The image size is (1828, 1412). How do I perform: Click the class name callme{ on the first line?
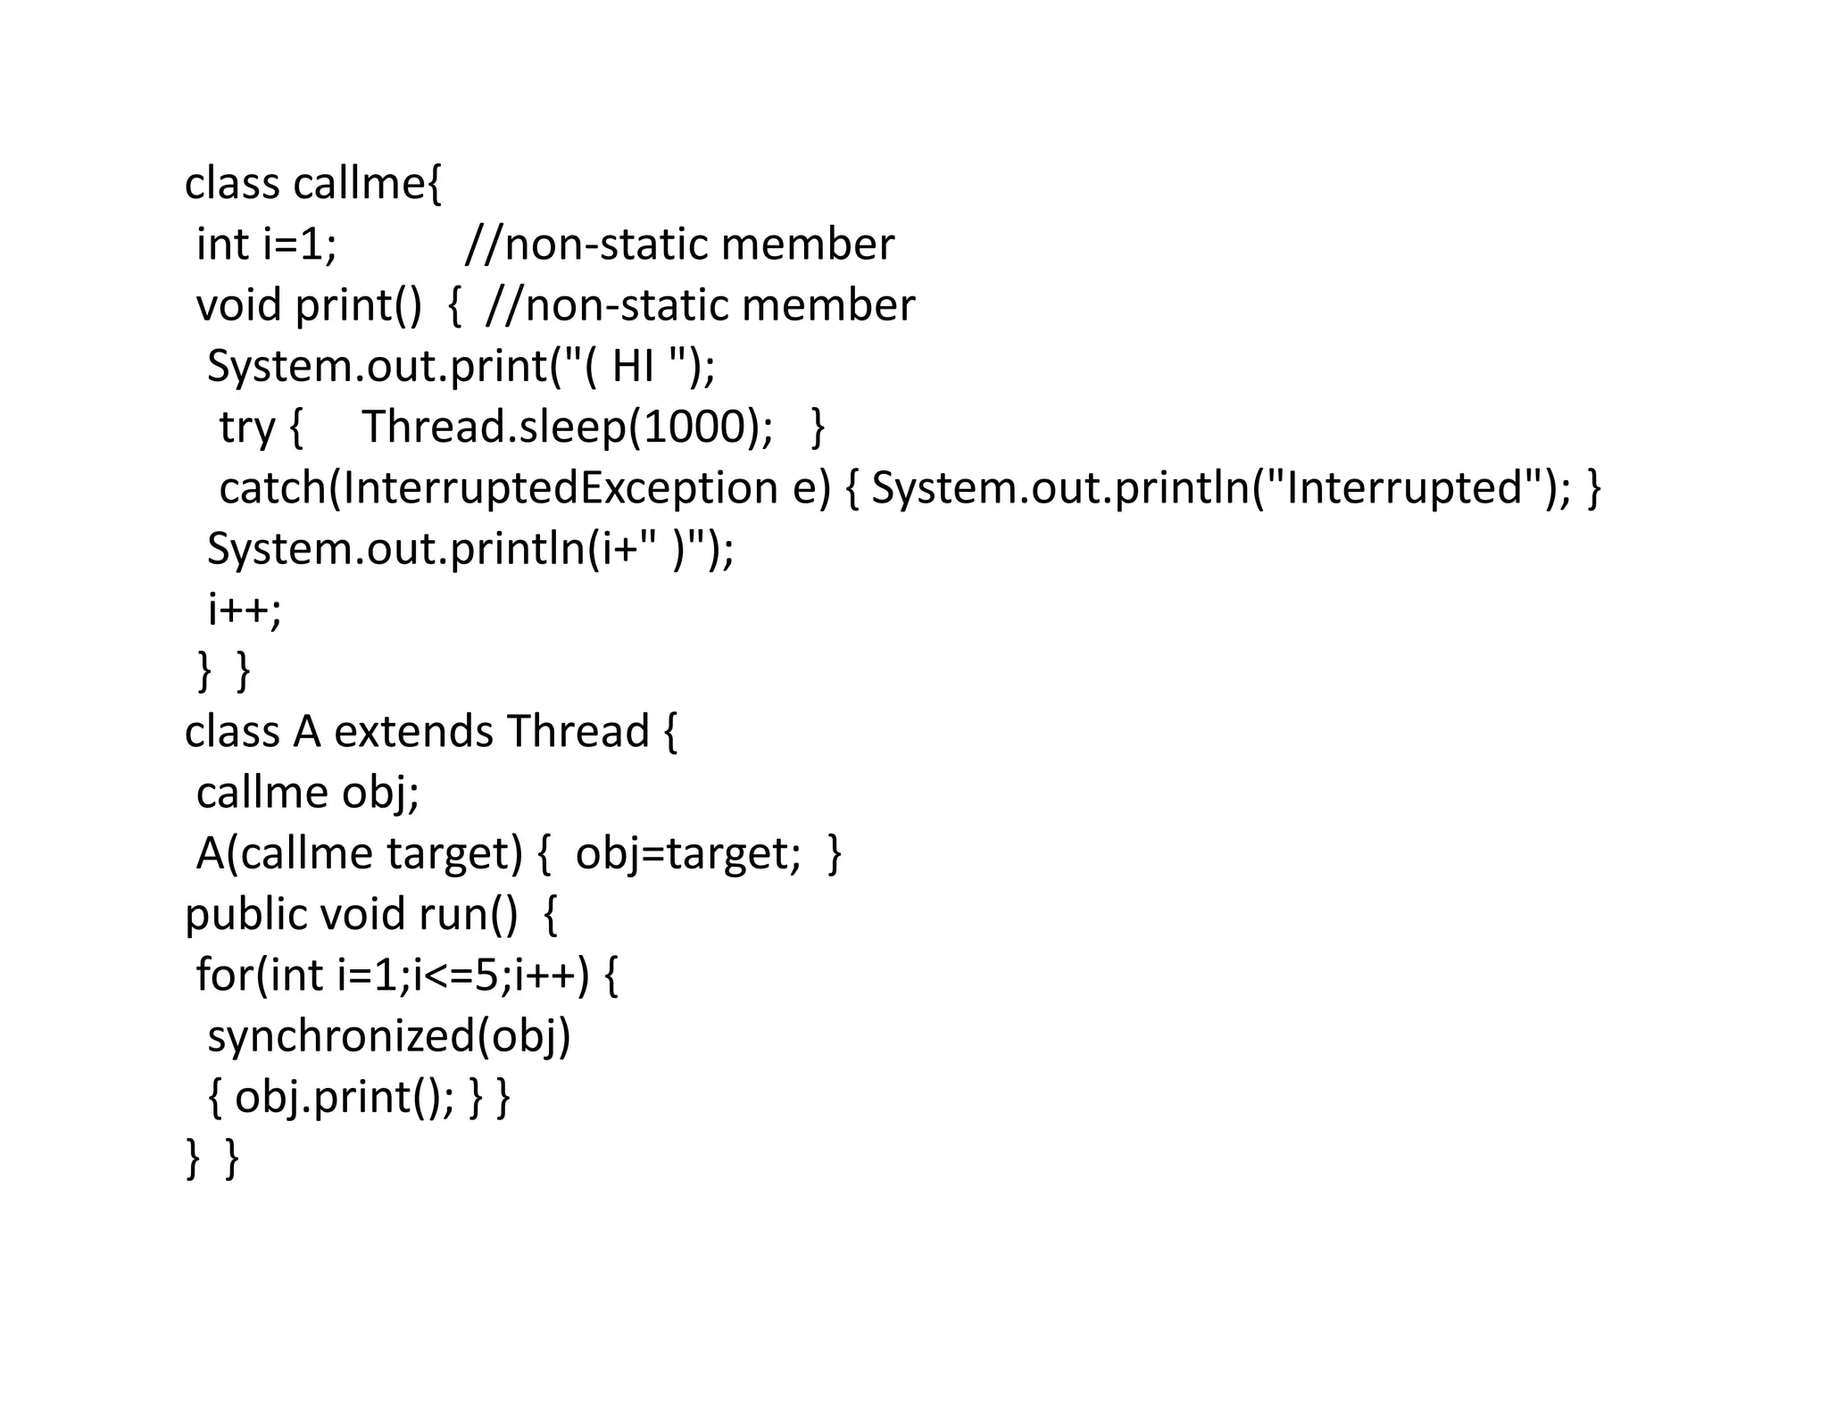367,184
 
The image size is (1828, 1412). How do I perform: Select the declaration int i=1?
267,245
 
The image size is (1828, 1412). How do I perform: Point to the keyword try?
247,428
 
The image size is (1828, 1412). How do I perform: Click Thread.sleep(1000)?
568,427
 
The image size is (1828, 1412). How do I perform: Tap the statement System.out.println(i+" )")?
470,549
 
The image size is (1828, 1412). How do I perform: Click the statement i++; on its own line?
245,610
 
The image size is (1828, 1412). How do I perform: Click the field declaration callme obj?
307,793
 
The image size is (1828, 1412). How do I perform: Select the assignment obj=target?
687,853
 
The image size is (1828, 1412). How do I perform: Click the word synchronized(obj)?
389,1036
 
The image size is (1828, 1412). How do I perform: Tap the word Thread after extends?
577,732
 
